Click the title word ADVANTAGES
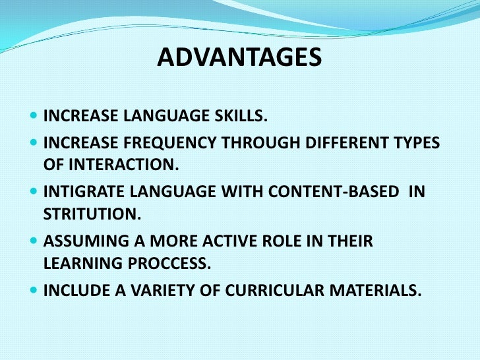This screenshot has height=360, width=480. click(239, 60)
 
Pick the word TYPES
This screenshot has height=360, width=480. click(414, 144)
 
